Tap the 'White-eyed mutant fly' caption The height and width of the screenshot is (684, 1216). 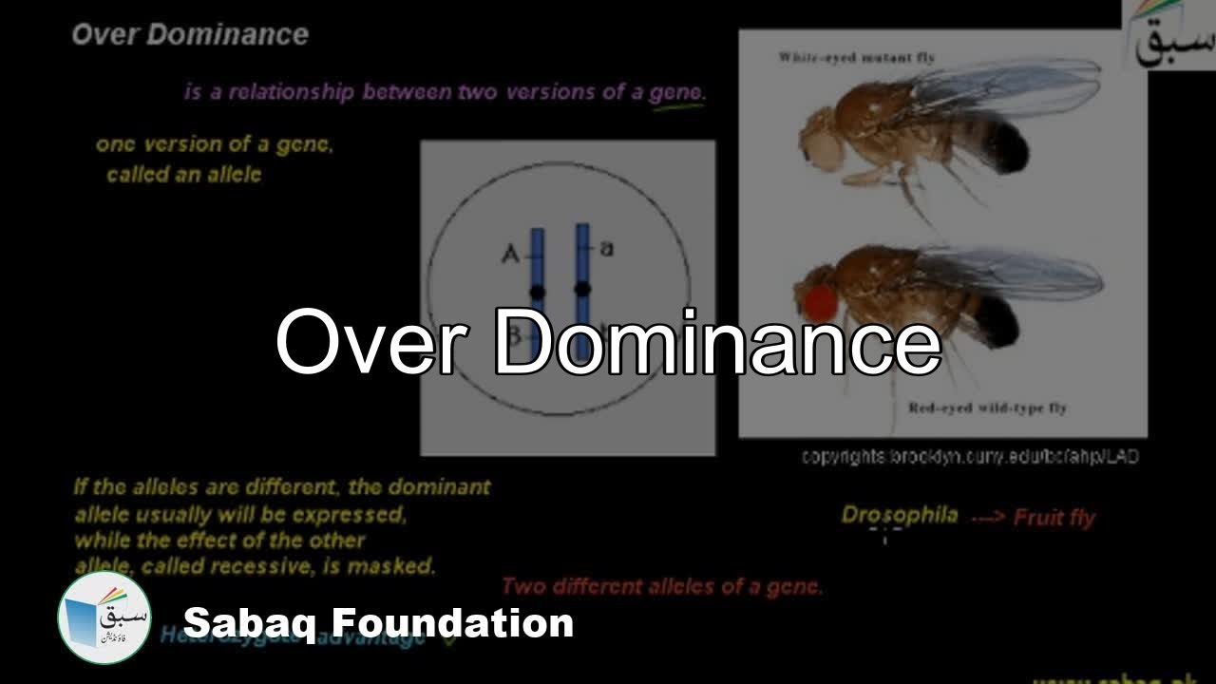[856, 58]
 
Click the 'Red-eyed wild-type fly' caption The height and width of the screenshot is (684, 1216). [987, 408]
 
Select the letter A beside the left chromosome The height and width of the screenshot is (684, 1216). [510, 254]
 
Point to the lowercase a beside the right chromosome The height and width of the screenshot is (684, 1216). [607, 249]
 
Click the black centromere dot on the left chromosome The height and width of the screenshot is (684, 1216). [538, 291]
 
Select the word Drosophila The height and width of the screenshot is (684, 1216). [899, 515]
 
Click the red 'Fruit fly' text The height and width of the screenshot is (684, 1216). [1054, 518]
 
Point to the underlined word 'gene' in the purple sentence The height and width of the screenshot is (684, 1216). [675, 93]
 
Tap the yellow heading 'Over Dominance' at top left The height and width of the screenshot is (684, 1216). [190, 35]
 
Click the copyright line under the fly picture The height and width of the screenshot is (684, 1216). [969, 457]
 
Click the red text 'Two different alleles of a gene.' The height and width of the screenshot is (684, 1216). [661, 586]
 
